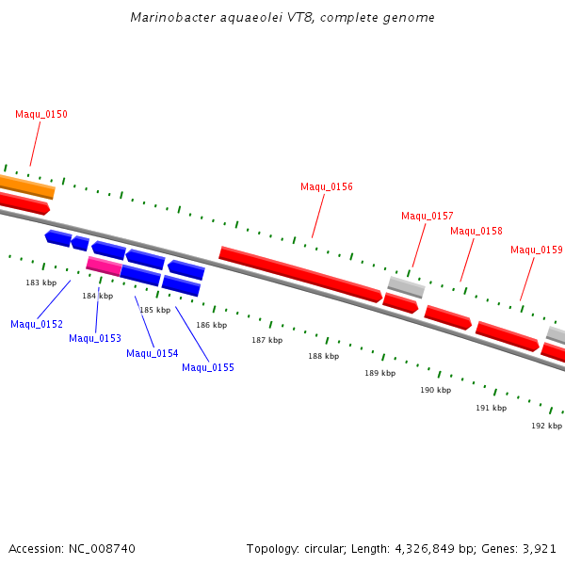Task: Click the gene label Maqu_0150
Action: tap(41, 115)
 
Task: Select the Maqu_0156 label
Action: tap(327, 186)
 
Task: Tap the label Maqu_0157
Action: tap(428, 216)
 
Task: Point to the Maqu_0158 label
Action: tap(476, 231)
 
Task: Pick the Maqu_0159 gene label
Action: tap(537, 250)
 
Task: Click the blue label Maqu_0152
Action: tap(37, 325)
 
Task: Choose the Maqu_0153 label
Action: tap(95, 338)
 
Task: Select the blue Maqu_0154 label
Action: tap(153, 353)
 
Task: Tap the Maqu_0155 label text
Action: tap(208, 367)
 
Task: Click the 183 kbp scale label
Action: tap(41, 282)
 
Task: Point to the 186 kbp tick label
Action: tap(211, 325)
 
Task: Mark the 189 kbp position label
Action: tap(379, 374)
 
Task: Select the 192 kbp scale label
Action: tap(546, 426)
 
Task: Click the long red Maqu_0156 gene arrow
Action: tap(301, 274)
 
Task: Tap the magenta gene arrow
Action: tap(104, 266)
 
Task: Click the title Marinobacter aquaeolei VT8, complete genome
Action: tap(282, 18)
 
